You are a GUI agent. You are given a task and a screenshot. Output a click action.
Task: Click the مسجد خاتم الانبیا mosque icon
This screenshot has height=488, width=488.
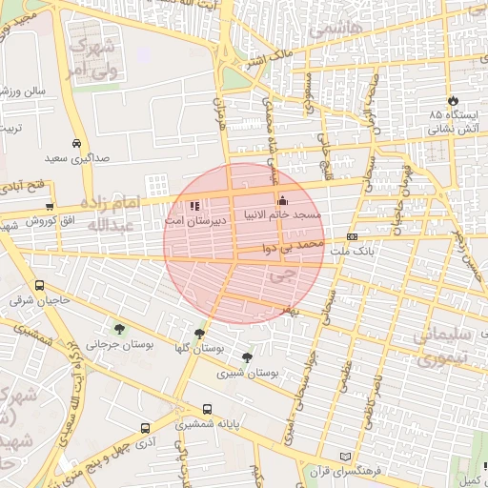pos(281,201)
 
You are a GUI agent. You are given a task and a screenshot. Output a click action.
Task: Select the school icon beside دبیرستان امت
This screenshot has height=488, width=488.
pos(194,205)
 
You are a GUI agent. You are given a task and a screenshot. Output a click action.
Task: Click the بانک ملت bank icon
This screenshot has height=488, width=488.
pos(352,236)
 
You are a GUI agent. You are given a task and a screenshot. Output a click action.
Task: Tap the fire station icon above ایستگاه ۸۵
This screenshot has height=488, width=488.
pos(452,100)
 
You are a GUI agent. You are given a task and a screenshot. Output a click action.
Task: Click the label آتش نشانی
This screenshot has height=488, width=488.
pos(452,127)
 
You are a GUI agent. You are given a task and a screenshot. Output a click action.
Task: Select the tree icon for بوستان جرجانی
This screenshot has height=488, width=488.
pos(118,329)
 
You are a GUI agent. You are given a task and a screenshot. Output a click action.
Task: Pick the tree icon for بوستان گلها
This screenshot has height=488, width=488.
pos(199,334)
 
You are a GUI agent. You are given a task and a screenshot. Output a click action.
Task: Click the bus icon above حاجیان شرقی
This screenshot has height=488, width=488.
pos(39,285)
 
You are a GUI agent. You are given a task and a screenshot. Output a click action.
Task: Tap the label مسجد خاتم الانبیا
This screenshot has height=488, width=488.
pos(283,215)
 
